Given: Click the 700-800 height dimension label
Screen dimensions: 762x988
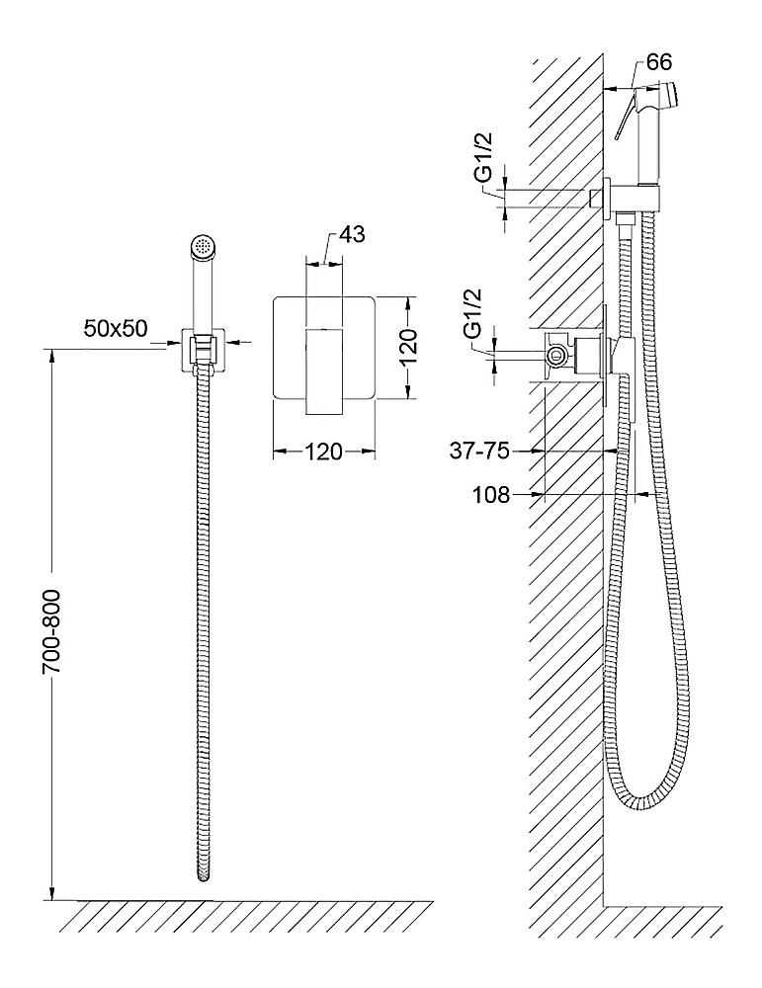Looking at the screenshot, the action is click(51, 632).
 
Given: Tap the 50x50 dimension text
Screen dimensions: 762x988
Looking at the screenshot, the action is click(116, 328).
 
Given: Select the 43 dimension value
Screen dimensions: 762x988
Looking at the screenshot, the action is click(352, 234).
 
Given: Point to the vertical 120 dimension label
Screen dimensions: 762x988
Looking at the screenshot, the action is click(408, 348).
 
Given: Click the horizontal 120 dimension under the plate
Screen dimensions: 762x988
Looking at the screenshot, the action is click(324, 452).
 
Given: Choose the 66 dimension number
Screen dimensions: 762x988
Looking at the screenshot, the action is click(659, 61).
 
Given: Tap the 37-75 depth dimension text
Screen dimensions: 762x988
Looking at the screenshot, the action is click(479, 451).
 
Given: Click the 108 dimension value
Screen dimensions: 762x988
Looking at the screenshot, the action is click(491, 495).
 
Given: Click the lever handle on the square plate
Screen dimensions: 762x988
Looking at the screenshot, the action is click(323, 371).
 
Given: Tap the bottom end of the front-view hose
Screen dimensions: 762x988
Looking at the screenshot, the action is click(203, 876).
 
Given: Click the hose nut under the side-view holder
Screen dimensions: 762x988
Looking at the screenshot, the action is click(625, 220).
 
